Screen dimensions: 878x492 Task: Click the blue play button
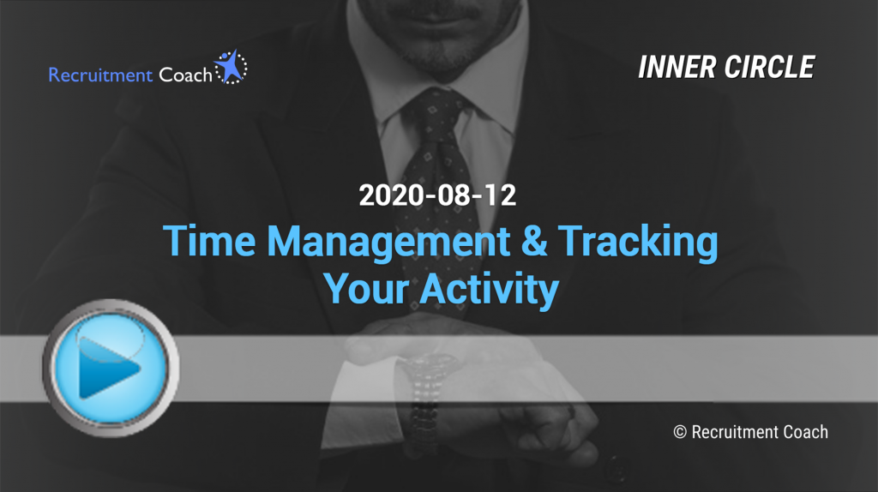[x=111, y=368]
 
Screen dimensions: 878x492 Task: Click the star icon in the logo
[x=231, y=67]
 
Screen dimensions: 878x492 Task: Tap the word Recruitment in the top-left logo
[x=100, y=75]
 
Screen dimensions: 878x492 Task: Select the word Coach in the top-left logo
[x=185, y=75]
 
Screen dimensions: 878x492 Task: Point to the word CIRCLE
[x=770, y=68]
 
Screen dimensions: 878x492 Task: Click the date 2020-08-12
[x=437, y=195]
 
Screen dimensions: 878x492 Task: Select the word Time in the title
[x=209, y=241]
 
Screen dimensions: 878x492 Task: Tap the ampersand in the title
[x=534, y=241]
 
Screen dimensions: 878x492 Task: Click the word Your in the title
[x=366, y=289]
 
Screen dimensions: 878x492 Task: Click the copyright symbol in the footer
[x=680, y=432]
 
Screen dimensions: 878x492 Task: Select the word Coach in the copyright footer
[x=805, y=432]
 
